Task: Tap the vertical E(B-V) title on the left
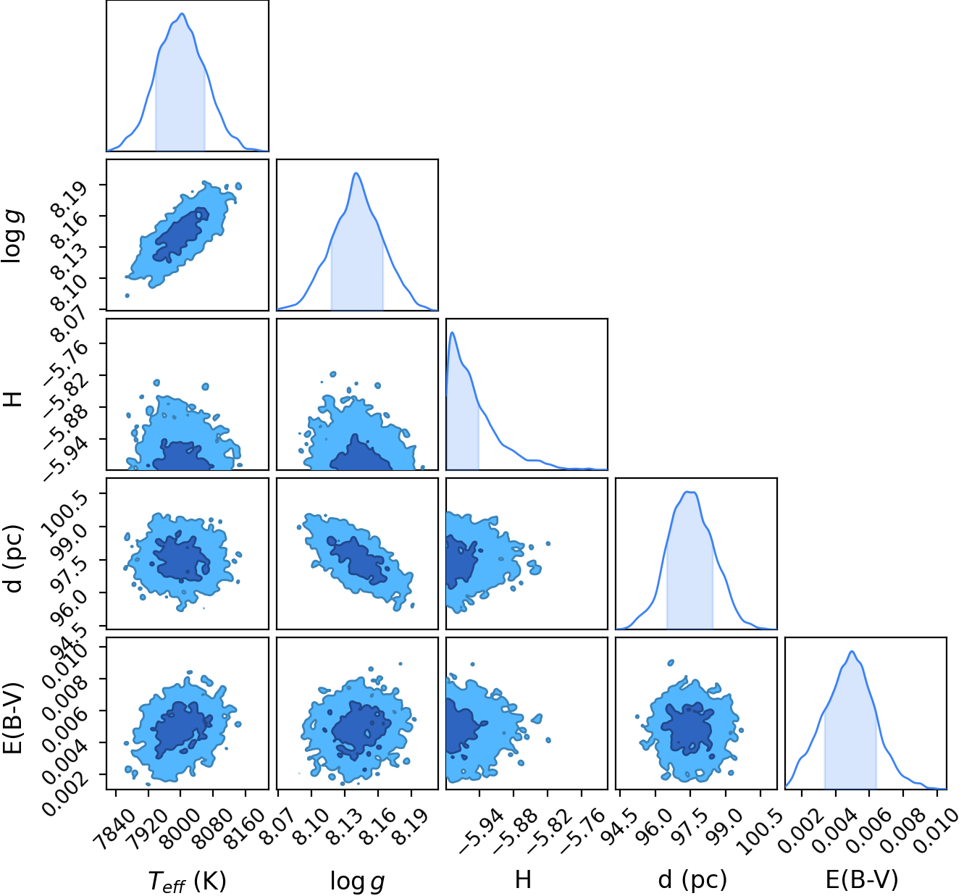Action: [13, 719]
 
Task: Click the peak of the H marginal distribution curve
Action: [453, 332]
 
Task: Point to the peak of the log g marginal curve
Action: [356, 173]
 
